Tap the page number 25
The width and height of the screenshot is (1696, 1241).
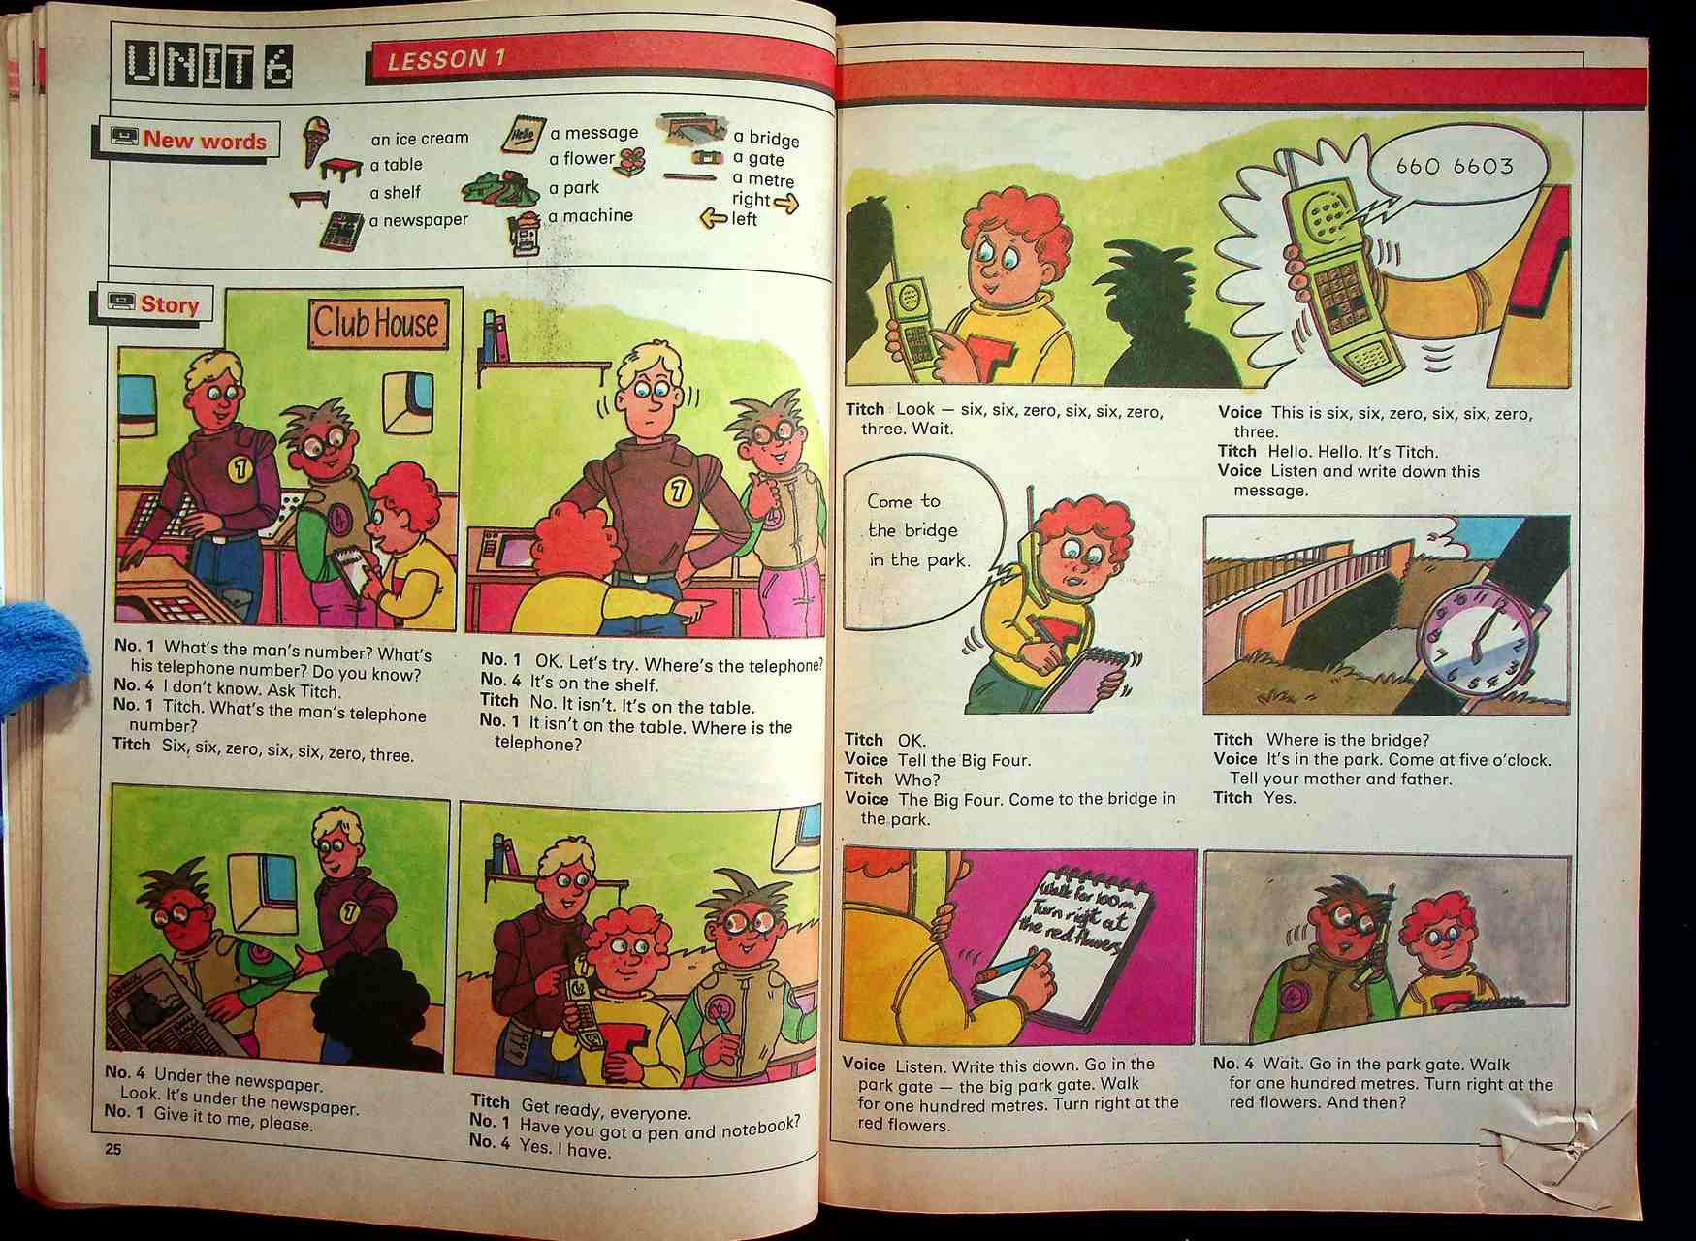113,1150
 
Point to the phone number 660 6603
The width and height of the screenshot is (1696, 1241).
1455,166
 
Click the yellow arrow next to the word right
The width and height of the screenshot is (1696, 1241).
786,203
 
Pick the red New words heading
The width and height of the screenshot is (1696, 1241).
205,141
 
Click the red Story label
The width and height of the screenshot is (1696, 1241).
170,304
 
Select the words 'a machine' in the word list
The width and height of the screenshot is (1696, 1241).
591,216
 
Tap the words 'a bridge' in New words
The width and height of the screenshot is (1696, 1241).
766,139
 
